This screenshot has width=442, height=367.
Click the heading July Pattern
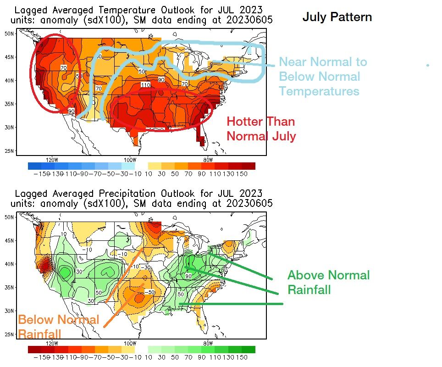(337, 17)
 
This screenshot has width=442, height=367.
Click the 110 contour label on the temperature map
(146, 85)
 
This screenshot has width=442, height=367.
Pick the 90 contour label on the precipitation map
(188, 276)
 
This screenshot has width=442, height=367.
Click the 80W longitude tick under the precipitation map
(208, 343)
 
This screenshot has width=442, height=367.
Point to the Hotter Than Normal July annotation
(261, 129)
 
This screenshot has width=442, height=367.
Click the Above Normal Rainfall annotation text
(328, 282)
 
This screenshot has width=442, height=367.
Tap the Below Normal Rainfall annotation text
(58, 327)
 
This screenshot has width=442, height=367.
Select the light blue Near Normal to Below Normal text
(323, 76)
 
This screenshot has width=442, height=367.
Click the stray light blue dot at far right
(427, 65)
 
